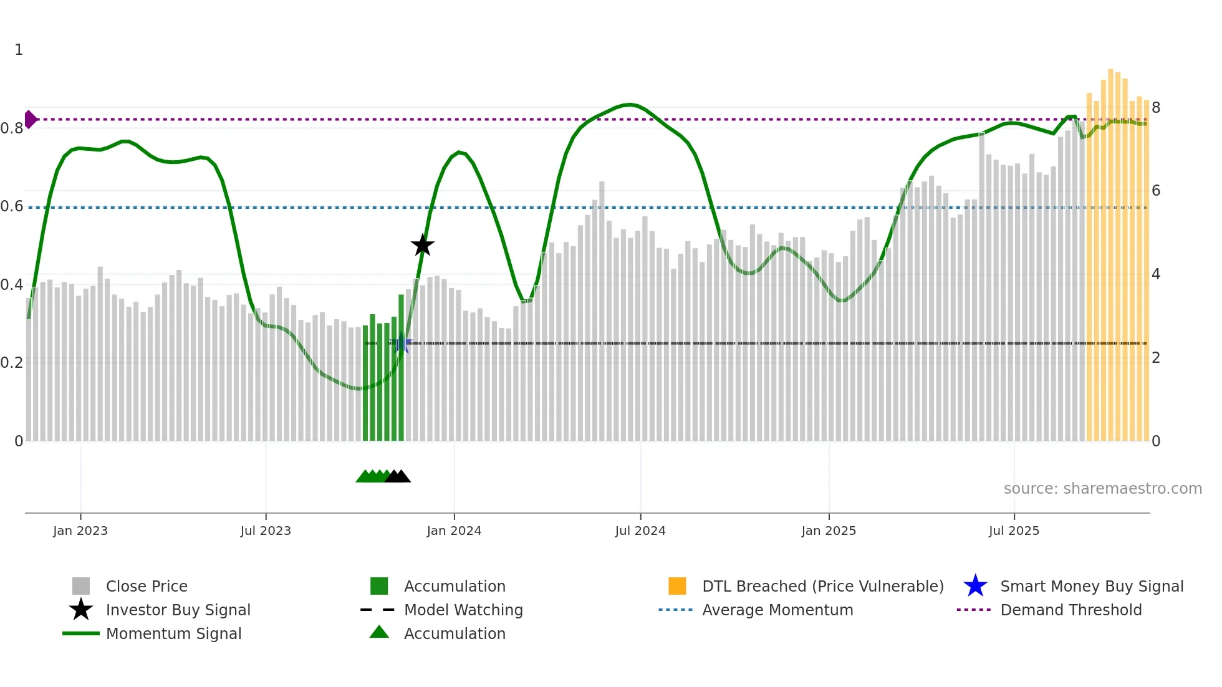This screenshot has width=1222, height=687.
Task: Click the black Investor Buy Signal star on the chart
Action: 423,245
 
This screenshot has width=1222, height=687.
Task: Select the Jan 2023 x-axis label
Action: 80,531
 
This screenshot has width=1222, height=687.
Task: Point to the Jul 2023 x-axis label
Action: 266,531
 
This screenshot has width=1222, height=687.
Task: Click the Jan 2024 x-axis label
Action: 454,531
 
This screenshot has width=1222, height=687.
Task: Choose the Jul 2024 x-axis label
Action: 640,531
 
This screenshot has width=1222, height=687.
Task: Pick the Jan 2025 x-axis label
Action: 829,531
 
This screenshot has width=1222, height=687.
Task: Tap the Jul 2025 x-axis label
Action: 1014,531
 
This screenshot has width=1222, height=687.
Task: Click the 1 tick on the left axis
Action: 19,50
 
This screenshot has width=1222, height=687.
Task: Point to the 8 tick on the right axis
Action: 1156,108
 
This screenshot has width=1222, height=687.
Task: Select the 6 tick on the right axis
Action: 1156,191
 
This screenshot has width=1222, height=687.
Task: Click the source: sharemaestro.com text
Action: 1102,489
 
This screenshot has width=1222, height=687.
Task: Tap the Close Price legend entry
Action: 147,586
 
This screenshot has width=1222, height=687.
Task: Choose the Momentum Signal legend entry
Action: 173,633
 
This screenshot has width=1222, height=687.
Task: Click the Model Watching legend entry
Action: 463,610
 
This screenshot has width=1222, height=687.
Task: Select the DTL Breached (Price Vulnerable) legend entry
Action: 822,586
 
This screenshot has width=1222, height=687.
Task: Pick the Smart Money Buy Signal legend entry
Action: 1092,586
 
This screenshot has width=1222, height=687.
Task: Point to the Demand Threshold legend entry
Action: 1070,610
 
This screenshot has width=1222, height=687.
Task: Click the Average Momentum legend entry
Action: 777,610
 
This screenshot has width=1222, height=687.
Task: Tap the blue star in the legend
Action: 975,586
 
